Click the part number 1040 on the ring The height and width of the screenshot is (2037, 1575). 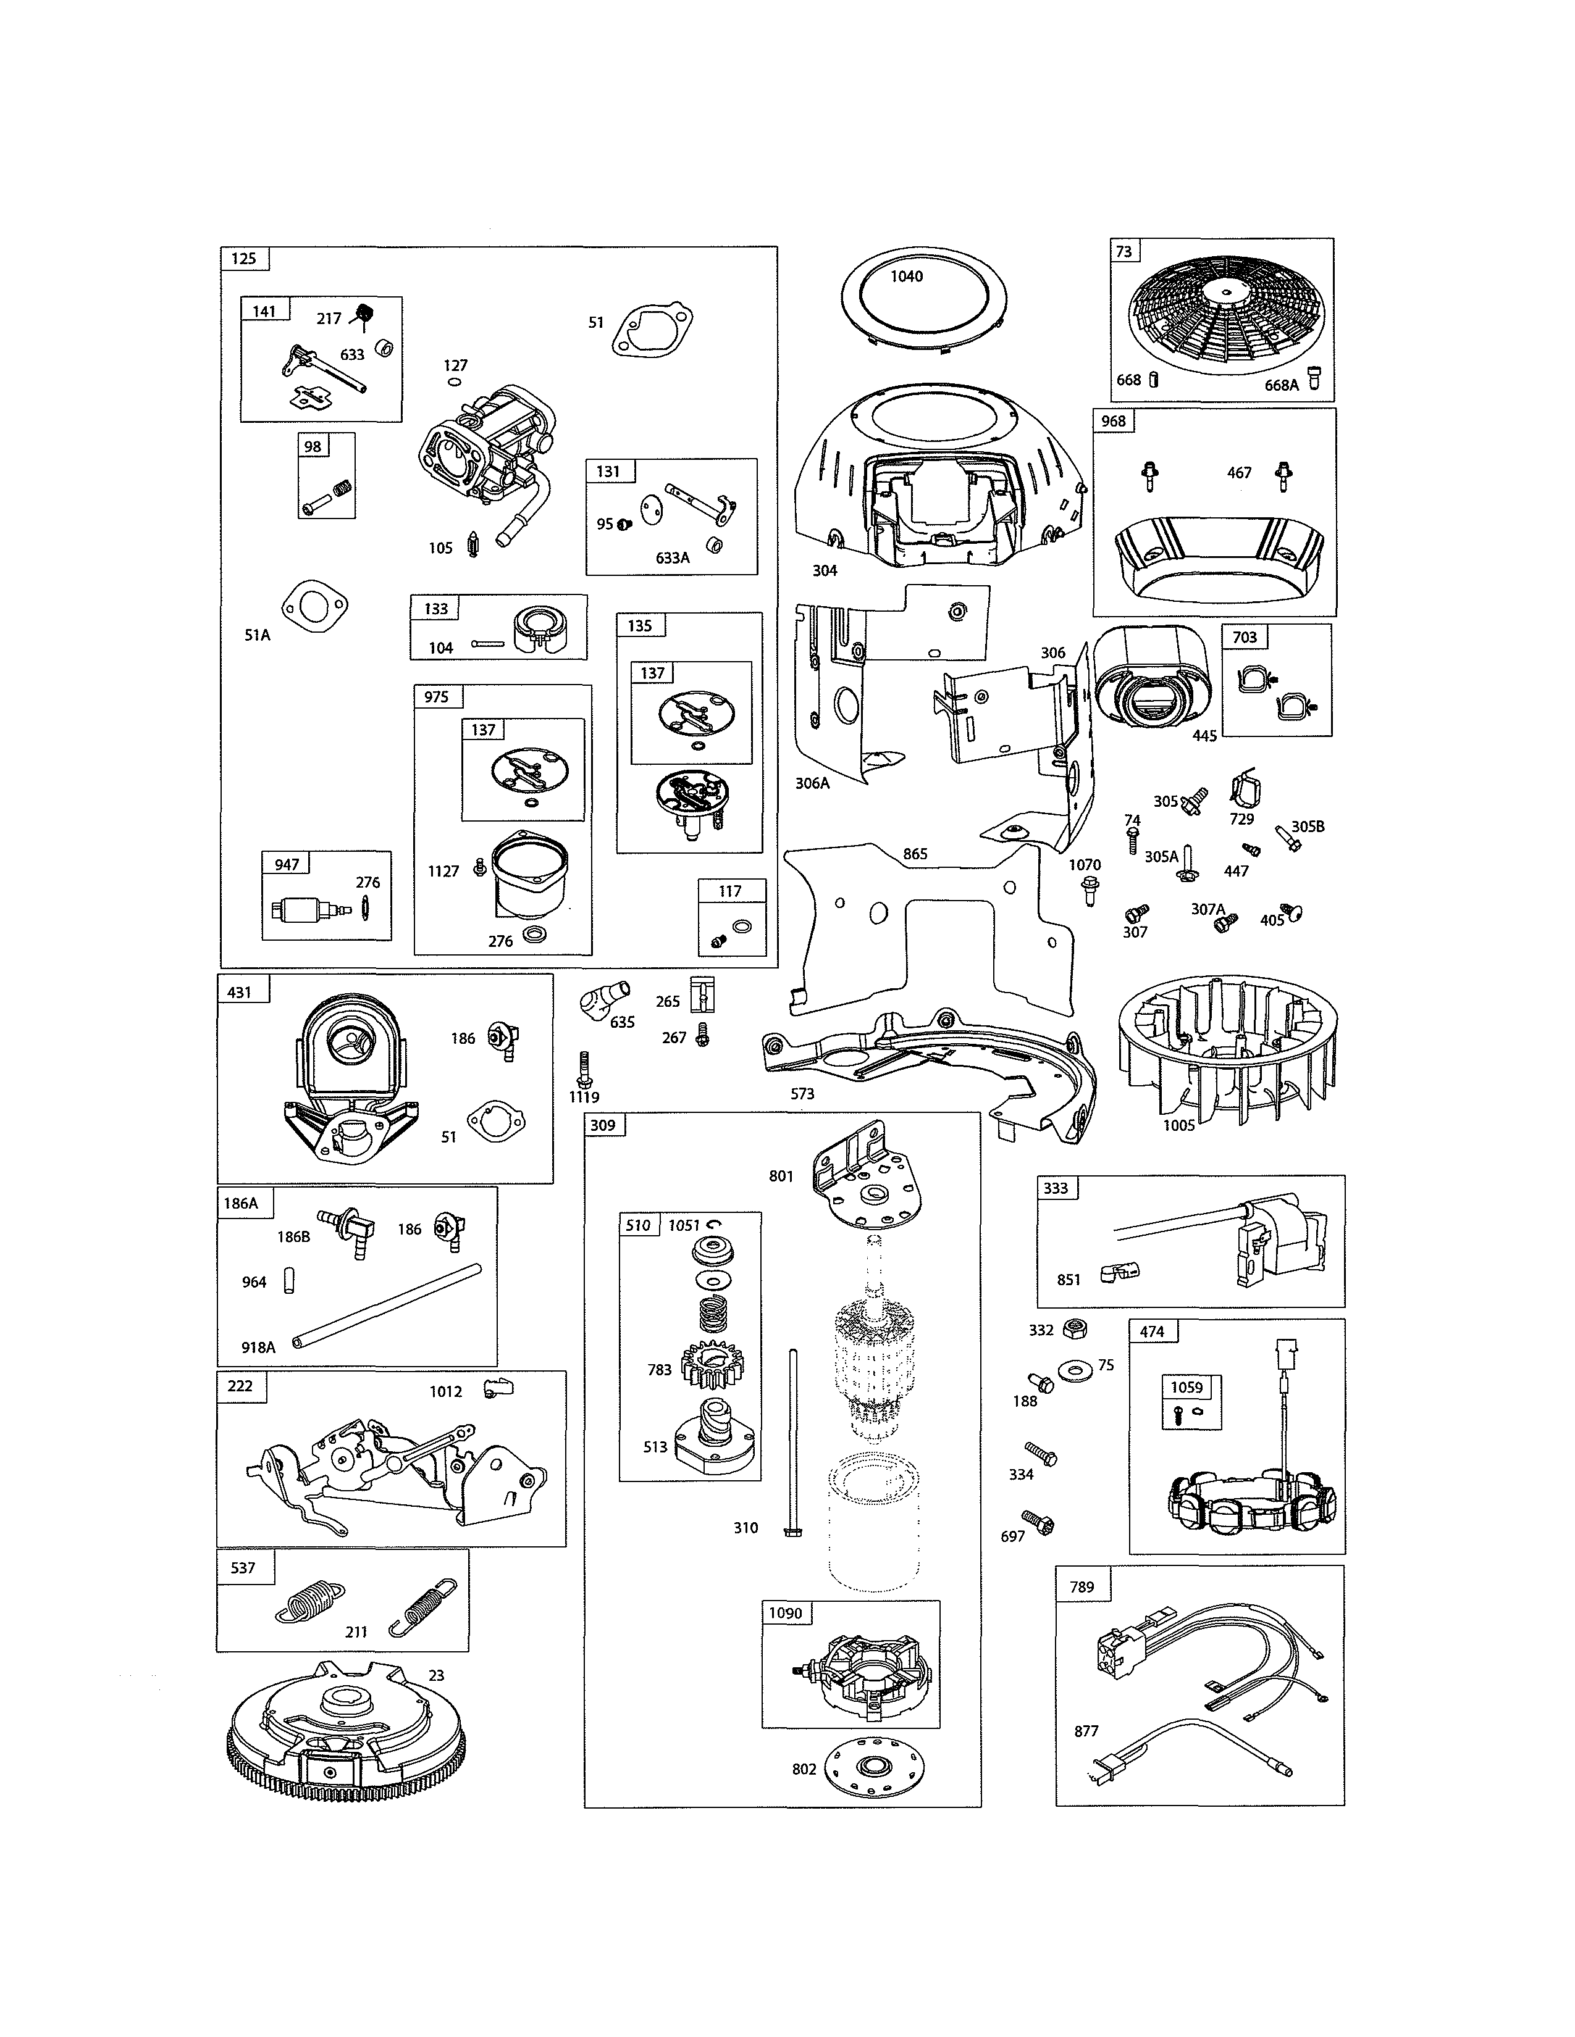tap(906, 276)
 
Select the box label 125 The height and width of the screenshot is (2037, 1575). tap(243, 259)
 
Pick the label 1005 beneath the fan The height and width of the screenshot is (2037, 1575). tap(1178, 1125)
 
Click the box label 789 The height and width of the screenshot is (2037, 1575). tap(1081, 1586)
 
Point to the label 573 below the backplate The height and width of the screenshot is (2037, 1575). tap(802, 1093)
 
